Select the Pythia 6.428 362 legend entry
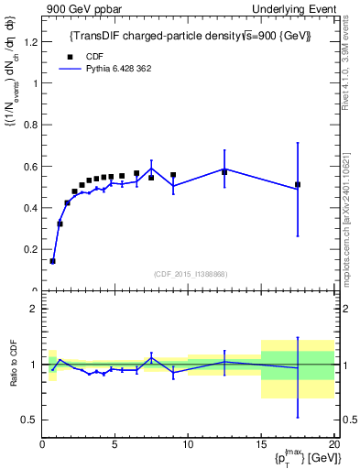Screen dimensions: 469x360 coord(102,69)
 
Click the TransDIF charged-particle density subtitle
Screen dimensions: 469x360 coord(191,36)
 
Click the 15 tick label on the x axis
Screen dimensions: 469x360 coord(261,443)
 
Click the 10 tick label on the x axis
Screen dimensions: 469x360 coord(188,443)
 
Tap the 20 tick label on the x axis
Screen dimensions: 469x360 coord(333,443)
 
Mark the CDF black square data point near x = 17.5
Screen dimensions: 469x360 coord(298,184)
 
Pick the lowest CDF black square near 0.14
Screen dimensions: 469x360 coord(52,261)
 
